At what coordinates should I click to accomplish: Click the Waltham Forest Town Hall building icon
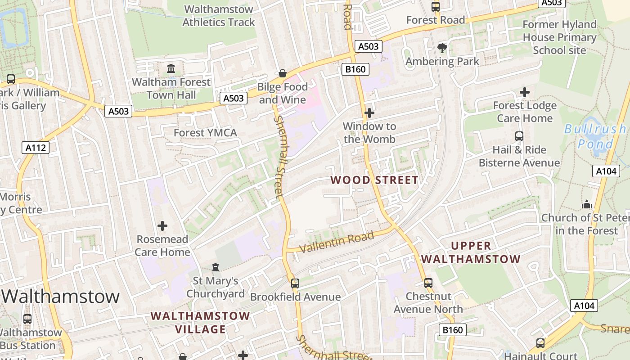click(171, 69)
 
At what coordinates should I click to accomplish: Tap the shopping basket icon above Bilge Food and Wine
click(283, 73)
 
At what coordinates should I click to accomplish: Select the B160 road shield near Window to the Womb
click(355, 69)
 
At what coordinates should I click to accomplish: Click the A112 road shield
click(36, 147)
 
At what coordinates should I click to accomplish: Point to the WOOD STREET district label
click(374, 180)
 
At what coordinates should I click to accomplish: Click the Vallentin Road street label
click(336, 242)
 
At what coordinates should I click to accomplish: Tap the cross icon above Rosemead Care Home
click(162, 226)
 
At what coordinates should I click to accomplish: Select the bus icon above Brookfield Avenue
click(295, 283)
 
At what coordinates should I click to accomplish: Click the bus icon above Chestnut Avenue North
click(428, 283)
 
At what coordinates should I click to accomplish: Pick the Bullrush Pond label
click(595, 136)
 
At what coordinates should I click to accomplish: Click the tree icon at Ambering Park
click(442, 48)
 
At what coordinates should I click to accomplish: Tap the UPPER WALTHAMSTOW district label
click(471, 252)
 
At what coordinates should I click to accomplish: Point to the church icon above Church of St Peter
click(586, 204)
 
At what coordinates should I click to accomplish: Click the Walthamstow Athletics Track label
click(219, 16)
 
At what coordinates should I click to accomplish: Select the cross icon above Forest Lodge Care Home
click(524, 92)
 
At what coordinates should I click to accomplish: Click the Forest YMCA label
click(205, 133)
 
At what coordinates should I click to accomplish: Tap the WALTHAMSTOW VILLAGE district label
click(200, 323)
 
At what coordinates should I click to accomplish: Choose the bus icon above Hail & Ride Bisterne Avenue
click(519, 136)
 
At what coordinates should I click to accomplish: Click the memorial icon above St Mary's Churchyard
click(216, 267)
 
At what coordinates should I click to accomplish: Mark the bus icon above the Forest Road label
click(435, 7)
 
